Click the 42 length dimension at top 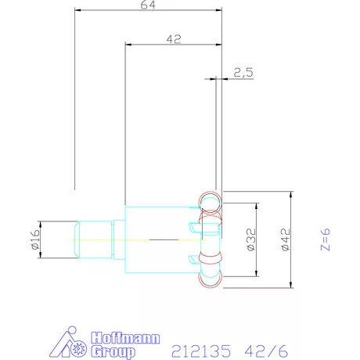(x=174, y=38)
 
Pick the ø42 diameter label (x=285, y=239)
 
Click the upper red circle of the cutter (x=210, y=202)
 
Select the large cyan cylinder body (x=157, y=239)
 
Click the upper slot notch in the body (x=193, y=227)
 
